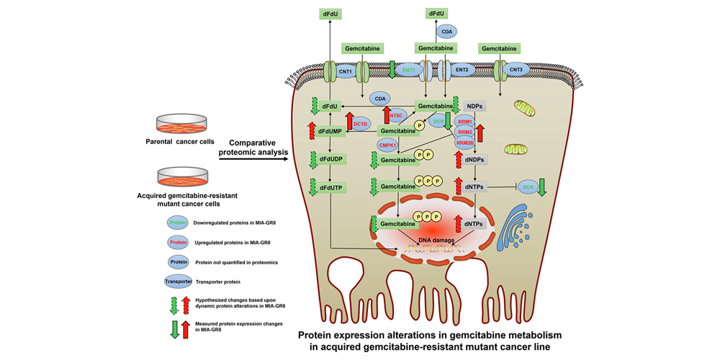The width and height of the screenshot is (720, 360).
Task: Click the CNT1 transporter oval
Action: pyautogui.click(x=345, y=71)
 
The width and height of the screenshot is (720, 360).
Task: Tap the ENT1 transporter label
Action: pyautogui.click(x=408, y=71)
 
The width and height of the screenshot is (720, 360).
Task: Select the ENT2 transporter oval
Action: pyautogui.click(x=462, y=71)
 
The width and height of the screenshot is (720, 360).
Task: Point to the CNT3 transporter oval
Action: pyautogui.click(x=516, y=71)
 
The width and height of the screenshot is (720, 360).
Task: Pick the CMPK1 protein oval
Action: pyautogui.click(x=389, y=145)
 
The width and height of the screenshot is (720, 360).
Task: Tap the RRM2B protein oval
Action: pyautogui.click(x=464, y=143)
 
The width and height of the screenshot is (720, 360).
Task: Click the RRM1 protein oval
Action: pyautogui.click(x=464, y=122)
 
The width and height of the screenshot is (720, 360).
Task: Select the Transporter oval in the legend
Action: pyautogui.click(x=181, y=282)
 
